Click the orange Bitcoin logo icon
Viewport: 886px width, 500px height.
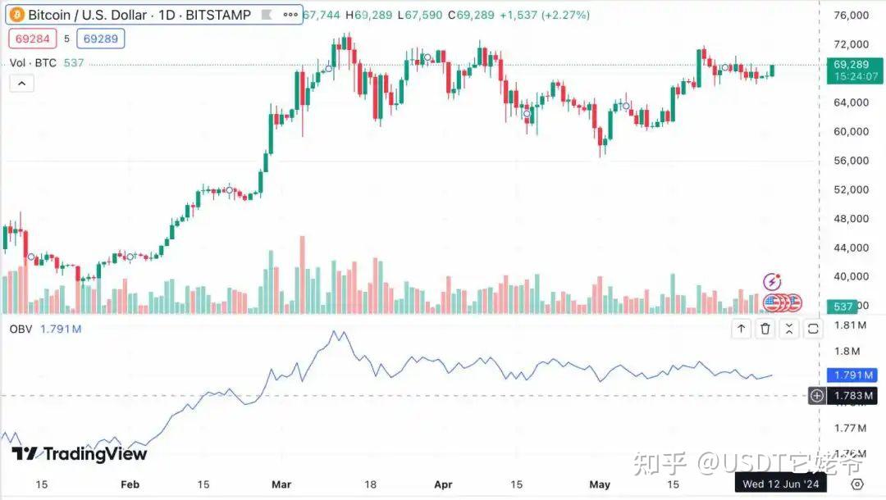[x=16, y=15]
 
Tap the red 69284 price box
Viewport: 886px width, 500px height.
[x=31, y=38]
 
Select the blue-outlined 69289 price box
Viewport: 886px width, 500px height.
[x=101, y=38]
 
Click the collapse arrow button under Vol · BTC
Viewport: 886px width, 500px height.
[x=21, y=83]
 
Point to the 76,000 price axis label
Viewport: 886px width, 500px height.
[x=851, y=16]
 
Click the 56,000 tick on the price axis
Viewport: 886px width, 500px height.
[x=851, y=161]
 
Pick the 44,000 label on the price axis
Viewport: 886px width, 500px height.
[x=851, y=248]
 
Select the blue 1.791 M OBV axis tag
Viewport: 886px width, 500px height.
[x=848, y=375]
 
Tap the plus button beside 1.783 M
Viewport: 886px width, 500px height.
[x=817, y=396]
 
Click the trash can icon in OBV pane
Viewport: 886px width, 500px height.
[x=765, y=329]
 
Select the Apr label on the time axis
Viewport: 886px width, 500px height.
[x=442, y=484]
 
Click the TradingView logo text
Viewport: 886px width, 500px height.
[x=80, y=454]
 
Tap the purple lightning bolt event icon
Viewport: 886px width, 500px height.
[x=772, y=282]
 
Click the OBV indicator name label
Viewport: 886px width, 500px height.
[x=20, y=329]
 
